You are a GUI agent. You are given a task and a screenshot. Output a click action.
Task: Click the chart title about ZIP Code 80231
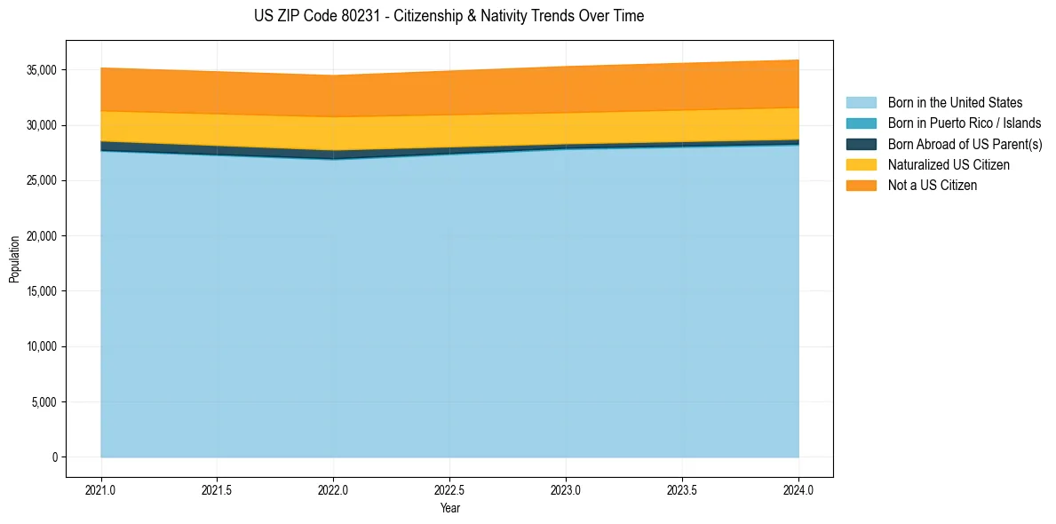(449, 16)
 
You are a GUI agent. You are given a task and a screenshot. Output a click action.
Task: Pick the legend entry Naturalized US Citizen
(949, 165)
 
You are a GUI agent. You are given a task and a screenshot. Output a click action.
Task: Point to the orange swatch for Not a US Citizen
(861, 186)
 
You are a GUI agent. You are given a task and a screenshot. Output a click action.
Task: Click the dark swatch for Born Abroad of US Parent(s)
(861, 144)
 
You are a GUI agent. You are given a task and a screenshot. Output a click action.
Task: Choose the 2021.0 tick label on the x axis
(101, 489)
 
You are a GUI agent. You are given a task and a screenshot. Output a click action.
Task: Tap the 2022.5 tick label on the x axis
(449, 489)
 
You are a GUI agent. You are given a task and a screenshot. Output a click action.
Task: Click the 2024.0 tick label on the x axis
(798, 489)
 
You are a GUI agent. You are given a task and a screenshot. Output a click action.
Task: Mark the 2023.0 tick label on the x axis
(566, 489)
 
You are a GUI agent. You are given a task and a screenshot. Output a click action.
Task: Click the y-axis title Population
(14, 259)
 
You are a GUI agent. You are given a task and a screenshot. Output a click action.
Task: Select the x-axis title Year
(449, 508)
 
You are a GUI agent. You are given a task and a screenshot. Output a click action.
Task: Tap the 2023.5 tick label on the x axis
(682, 489)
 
